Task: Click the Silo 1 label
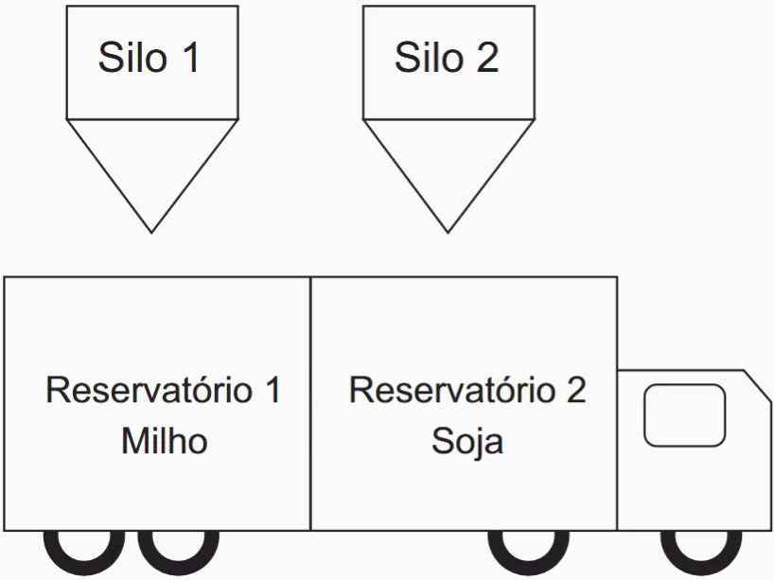tap(150, 58)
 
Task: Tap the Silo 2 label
tap(447, 58)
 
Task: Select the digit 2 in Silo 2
tap(487, 58)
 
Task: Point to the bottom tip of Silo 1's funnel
tap(151, 231)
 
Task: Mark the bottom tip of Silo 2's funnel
tap(449, 231)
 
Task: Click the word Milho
tap(164, 441)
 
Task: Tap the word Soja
tap(467, 441)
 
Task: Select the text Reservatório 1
tap(164, 391)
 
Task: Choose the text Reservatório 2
tap(467, 391)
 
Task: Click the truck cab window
tap(684, 414)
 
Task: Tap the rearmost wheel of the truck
tap(84, 549)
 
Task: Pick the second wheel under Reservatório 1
tap(179, 549)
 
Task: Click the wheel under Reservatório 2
tap(529, 549)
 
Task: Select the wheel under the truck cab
tap(701, 549)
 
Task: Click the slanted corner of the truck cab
tap(757, 383)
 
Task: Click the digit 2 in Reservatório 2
tap(575, 391)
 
